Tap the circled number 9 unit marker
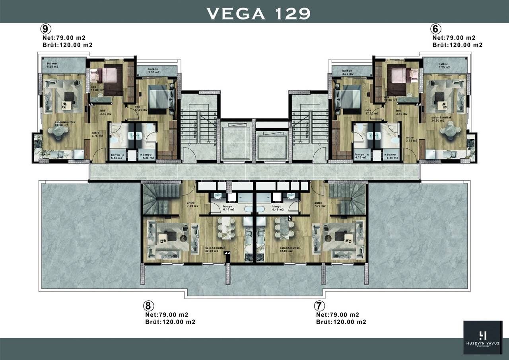click(x=46, y=29)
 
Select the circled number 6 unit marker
click(x=436, y=29)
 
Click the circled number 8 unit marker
click(x=148, y=306)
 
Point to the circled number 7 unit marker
click(x=319, y=306)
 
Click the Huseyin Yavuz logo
click(x=484, y=337)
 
